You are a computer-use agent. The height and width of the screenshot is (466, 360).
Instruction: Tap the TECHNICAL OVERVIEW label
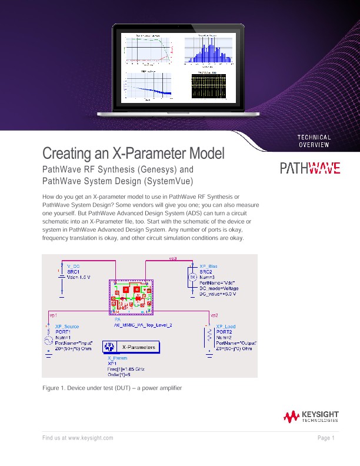pyautogui.click(x=314, y=141)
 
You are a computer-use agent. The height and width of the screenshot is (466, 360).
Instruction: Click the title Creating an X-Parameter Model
pyautogui.click(x=134, y=154)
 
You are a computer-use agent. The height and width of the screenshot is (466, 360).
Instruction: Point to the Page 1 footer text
pyautogui.click(x=326, y=438)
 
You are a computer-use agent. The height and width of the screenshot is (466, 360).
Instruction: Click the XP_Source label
pyautogui.click(x=67, y=326)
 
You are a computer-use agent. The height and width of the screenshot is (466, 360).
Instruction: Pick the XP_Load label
pyautogui.click(x=226, y=326)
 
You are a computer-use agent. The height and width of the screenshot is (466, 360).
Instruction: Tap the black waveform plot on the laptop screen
pyautogui.click(x=208, y=86)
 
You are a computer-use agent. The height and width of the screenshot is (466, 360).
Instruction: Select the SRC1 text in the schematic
pyautogui.click(x=74, y=272)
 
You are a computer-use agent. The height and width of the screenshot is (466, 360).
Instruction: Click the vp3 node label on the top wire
pyautogui.click(x=173, y=258)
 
